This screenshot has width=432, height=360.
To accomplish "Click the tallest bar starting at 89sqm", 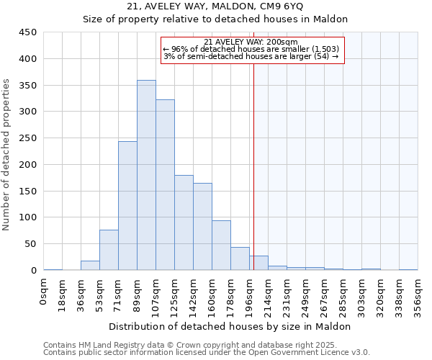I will click(x=146, y=175).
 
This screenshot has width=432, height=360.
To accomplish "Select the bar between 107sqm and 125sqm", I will click(x=165, y=185).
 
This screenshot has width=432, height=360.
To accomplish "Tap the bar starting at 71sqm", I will click(x=127, y=206).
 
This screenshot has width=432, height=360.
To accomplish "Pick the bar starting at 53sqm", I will click(x=109, y=250).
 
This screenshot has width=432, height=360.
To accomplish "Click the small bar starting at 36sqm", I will click(x=90, y=266).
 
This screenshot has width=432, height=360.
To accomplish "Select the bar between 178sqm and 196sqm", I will click(x=240, y=258).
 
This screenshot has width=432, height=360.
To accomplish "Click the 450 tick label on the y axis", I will click(x=28, y=32).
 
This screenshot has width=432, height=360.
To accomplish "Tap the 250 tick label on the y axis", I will click(x=28, y=138).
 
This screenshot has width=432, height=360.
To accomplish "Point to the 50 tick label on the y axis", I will click(x=30, y=244).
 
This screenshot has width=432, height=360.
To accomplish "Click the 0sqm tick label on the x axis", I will click(x=45, y=292).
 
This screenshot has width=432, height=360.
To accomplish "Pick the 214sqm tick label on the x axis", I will click(x=269, y=294).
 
